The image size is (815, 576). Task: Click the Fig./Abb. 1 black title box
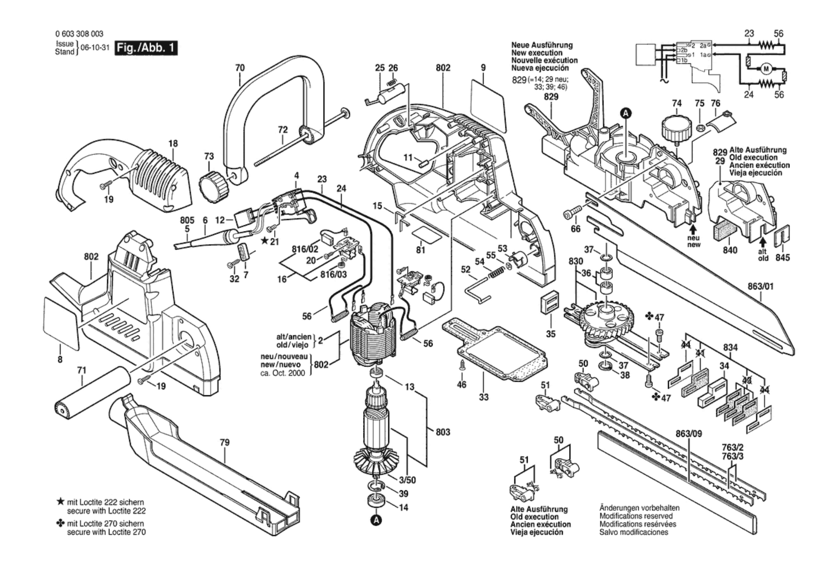(x=146, y=48)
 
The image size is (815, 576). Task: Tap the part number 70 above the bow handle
(x=240, y=68)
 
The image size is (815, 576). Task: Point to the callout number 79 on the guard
(x=225, y=442)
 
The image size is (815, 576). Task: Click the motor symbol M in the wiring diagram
(x=766, y=69)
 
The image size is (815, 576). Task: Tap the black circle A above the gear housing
(x=626, y=113)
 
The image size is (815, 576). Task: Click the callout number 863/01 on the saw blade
(x=760, y=287)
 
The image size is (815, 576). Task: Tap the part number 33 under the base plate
(x=483, y=397)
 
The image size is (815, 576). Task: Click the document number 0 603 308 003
(x=79, y=34)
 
